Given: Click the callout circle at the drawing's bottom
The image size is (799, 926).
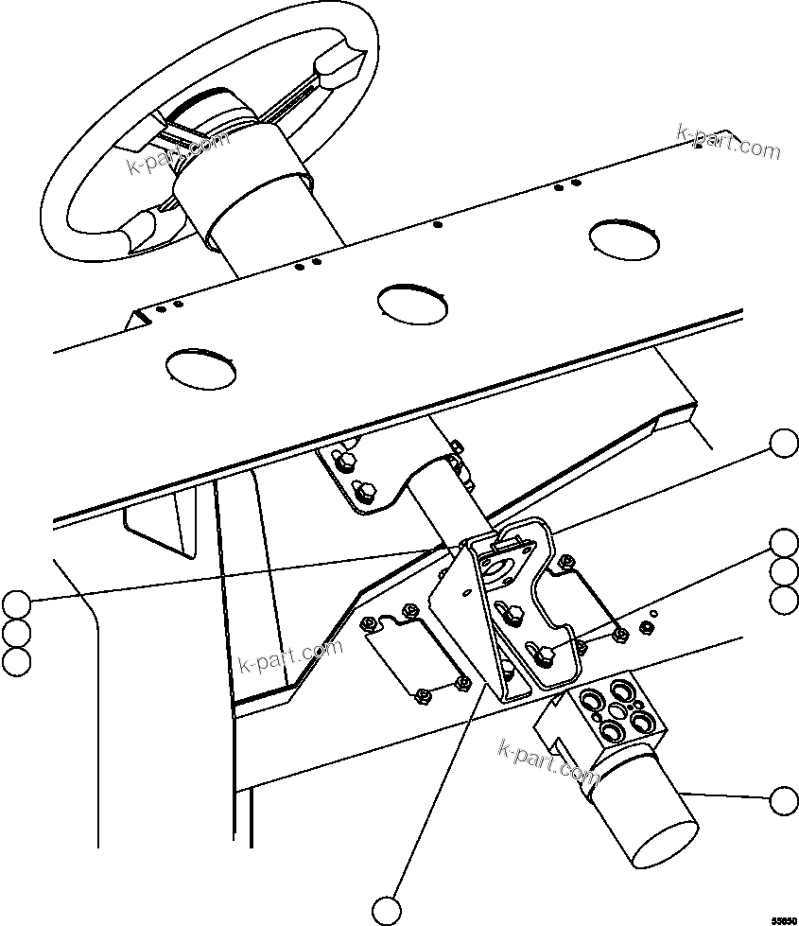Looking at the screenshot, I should (387, 910).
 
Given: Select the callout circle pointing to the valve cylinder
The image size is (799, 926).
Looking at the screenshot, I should (784, 800).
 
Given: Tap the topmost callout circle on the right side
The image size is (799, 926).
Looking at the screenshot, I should (784, 443).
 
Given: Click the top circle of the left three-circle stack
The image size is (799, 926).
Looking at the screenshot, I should (16, 603).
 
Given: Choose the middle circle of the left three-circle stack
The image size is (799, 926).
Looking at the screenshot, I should (16, 632).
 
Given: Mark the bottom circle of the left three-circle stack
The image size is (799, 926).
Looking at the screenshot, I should (16, 661).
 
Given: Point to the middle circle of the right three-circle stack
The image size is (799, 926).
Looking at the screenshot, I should (784, 571).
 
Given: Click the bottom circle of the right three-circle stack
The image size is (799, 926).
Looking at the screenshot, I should (784, 600).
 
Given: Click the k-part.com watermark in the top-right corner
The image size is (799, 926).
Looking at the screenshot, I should (729, 142).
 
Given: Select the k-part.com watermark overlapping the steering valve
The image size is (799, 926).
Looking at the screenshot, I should (547, 757).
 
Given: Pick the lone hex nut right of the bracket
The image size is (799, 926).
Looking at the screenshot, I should (648, 626).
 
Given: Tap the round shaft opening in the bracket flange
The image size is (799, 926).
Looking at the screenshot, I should (495, 569).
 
